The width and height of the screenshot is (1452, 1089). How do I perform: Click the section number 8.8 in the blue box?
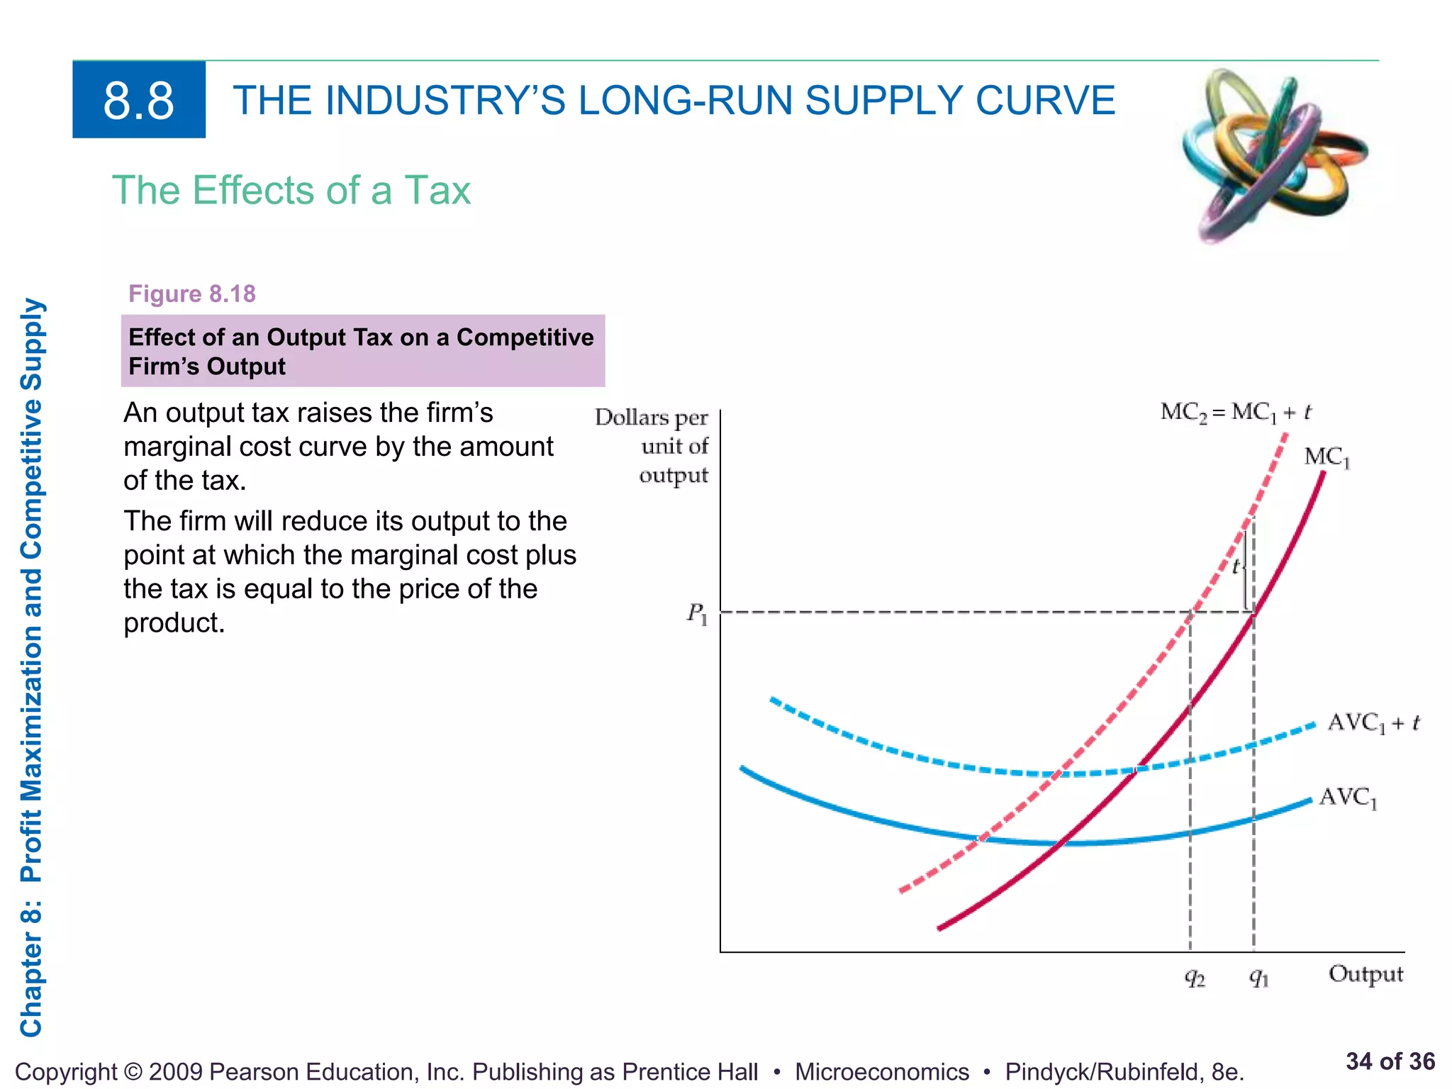coord(139,101)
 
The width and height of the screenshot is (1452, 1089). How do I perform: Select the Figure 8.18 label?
coord(192,294)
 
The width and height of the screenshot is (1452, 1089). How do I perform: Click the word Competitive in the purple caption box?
coord(525,337)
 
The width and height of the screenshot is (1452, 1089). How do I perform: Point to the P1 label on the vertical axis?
coord(697,613)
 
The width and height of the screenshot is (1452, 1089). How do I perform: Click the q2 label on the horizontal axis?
coord(1195,978)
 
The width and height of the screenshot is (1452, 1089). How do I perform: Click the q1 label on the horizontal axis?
coord(1258,978)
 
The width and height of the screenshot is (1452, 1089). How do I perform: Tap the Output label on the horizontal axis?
coord(1366,975)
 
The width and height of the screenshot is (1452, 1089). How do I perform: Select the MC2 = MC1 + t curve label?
coord(1236,412)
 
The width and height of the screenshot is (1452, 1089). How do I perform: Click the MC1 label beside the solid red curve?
coord(1327,457)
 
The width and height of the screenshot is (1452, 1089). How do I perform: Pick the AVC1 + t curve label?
coord(1373,723)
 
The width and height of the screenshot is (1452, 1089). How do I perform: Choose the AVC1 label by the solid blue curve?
coord(1348,798)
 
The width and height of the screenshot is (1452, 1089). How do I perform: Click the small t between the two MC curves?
coord(1236,567)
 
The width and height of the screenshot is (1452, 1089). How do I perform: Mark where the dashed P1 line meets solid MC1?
coord(1253,612)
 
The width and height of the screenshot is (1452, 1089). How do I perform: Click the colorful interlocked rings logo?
coord(1275,156)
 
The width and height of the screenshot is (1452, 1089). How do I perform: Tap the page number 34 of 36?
coord(1390,1061)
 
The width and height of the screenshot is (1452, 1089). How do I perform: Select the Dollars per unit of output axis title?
coord(652,446)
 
